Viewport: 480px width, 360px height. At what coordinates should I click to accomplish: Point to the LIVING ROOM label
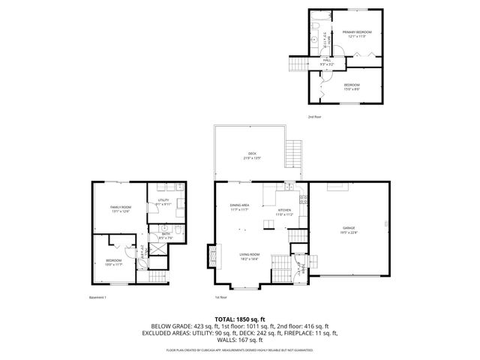(x=250, y=256)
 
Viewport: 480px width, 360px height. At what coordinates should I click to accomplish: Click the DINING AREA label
(x=240, y=205)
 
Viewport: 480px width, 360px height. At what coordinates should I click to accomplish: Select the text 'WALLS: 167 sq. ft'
(x=239, y=340)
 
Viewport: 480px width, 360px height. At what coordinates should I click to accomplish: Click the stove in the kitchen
(x=303, y=199)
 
